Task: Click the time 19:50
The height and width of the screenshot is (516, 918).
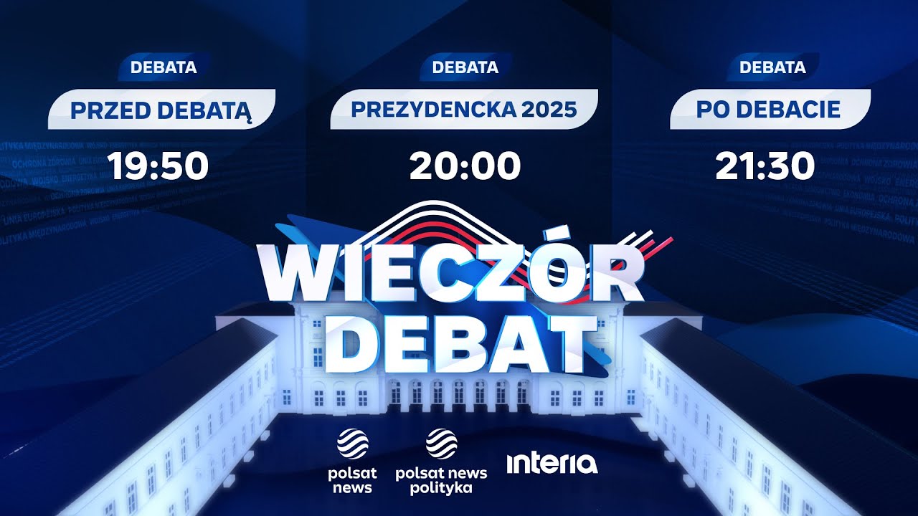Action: pyautogui.click(x=158, y=166)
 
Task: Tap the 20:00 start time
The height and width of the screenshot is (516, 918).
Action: pyautogui.click(x=465, y=166)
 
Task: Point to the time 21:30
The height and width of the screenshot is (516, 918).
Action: pyautogui.click(x=765, y=166)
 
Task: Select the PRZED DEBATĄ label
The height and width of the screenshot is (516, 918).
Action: pyautogui.click(x=161, y=110)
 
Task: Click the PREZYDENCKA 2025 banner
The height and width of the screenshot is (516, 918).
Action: pyautogui.click(x=463, y=110)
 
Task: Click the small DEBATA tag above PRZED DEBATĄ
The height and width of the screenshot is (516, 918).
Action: pyautogui.click(x=164, y=68)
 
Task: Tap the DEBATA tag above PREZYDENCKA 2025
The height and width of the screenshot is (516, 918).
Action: pyautogui.click(x=465, y=68)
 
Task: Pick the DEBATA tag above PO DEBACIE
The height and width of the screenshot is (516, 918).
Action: pyautogui.click(x=772, y=68)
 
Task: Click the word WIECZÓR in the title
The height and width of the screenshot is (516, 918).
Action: pyautogui.click(x=450, y=274)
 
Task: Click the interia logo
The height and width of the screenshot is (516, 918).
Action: pyautogui.click(x=552, y=463)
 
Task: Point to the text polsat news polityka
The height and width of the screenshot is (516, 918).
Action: pyautogui.click(x=441, y=480)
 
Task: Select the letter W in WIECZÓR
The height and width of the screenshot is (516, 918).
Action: pyautogui.click(x=301, y=275)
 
